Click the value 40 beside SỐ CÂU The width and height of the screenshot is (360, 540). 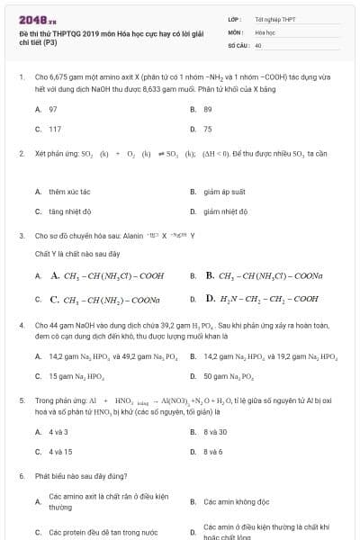coord(258,44)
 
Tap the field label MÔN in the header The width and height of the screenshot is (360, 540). coord(236,31)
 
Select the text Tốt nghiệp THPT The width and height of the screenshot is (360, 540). coord(273,18)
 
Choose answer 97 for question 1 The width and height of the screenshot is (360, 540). coord(53,109)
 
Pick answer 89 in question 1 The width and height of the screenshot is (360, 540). coord(208,109)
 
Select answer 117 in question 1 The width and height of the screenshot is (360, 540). coord(55,129)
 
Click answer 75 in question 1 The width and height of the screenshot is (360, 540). coord(208,129)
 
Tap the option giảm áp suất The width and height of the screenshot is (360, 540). coord(225,192)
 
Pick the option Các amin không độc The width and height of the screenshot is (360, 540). coord(237,501)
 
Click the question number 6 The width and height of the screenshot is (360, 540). coord(21,475)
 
